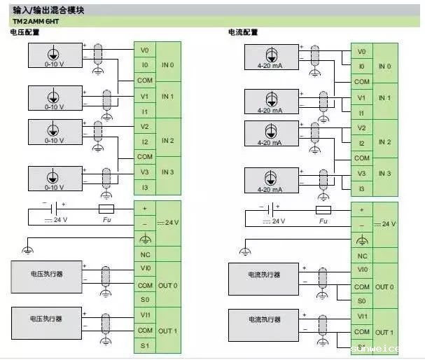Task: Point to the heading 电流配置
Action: point(243,33)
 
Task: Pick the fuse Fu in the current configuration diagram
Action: point(323,209)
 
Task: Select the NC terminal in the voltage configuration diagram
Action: point(145,254)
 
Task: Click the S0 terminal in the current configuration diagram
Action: point(361,300)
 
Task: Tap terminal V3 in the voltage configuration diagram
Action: point(145,172)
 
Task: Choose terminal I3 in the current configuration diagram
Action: point(361,188)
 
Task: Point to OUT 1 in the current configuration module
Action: point(384,332)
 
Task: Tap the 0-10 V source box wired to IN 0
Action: point(55,55)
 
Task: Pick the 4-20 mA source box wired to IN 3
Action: point(270,179)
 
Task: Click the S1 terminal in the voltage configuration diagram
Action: point(145,346)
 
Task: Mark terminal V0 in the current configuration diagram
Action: point(361,51)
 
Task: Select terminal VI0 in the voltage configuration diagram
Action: point(145,270)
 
